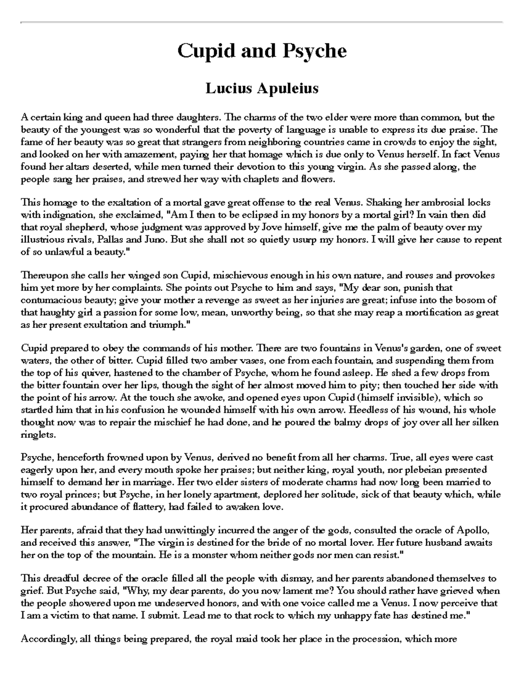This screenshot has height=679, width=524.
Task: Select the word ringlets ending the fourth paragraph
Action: (38, 435)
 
